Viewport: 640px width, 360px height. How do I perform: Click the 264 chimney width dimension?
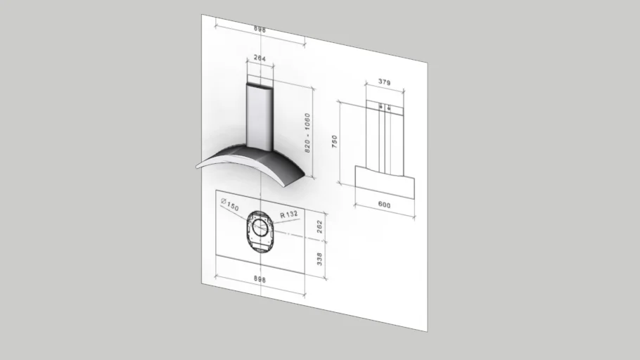click(x=260, y=59)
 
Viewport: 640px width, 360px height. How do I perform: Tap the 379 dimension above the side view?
click(x=384, y=82)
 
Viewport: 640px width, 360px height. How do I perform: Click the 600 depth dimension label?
click(x=384, y=204)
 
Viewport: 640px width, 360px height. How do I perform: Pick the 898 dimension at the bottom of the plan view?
click(x=260, y=279)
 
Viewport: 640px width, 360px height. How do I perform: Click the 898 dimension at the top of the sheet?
click(x=260, y=30)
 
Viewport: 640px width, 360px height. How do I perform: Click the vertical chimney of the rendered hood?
click(x=259, y=116)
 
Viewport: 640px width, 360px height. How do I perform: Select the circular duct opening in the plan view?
click(x=260, y=227)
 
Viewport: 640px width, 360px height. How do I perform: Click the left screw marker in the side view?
click(x=380, y=108)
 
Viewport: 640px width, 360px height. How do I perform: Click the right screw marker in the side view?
click(x=388, y=108)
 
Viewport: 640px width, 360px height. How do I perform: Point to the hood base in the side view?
click(x=384, y=182)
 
